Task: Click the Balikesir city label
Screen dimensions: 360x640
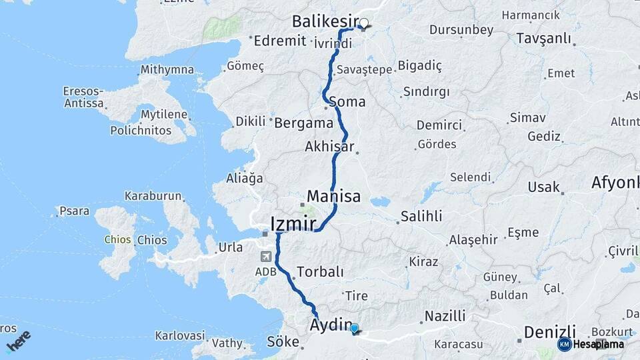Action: (325, 22)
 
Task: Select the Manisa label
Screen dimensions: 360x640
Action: (333, 197)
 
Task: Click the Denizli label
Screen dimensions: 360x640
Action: (549, 331)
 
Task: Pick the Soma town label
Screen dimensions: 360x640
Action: (347, 102)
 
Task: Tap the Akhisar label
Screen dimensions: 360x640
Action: (329, 146)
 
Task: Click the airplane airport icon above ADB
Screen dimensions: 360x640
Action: (267, 256)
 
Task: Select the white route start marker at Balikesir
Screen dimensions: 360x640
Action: (364, 23)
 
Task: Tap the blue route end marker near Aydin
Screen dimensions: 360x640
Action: (354, 328)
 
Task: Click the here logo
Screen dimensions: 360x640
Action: (19, 341)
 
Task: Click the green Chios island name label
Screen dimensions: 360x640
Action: (117, 239)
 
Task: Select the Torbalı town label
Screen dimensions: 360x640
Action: (320, 272)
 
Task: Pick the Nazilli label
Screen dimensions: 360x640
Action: (445, 316)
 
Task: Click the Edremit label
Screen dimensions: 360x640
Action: (279, 41)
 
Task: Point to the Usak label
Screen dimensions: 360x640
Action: (543, 187)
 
